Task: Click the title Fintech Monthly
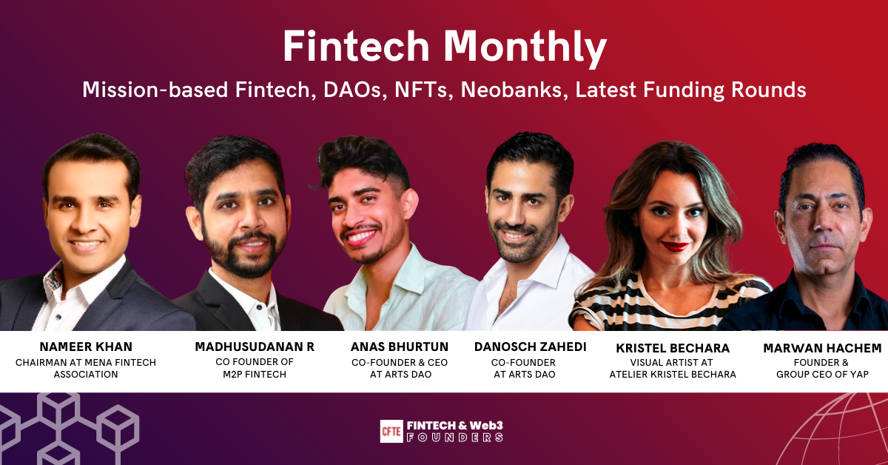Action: [x=444, y=48]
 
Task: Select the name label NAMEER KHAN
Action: [x=86, y=347]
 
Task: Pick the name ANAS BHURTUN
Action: [x=400, y=347]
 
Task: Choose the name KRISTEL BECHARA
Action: [x=673, y=348]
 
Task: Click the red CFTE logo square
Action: [x=391, y=431]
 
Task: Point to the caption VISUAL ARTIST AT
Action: [x=673, y=363]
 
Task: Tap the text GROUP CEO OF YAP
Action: [x=822, y=375]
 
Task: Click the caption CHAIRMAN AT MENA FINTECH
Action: [x=86, y=362]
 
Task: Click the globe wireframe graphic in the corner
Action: [x=844, y=433]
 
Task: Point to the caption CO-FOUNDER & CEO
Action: [x=400, y=362]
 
